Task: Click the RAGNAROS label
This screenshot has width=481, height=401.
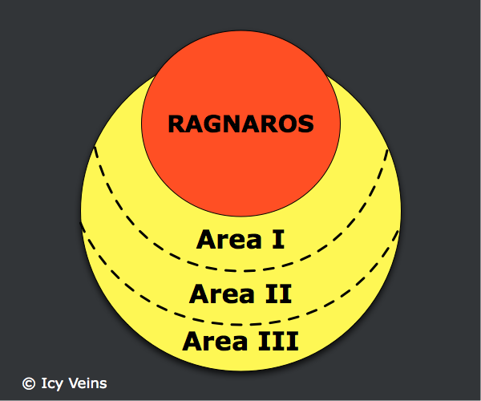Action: [x=240, y=124]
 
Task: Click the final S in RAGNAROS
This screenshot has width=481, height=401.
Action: [x=305, y=124]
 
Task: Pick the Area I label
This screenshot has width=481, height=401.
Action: [x=240, y=239]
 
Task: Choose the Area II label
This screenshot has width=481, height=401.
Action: [x=240, y=294]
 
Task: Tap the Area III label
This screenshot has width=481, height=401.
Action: [x=240, y=341]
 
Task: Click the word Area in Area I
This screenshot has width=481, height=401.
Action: [x=229, y=239]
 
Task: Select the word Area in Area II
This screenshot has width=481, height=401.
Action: [x=222, y=294]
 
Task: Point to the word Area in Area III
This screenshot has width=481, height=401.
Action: [x=215, y=341]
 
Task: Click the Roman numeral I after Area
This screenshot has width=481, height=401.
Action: [x=278, y=239]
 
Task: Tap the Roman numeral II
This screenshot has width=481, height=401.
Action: [x=278, y=294]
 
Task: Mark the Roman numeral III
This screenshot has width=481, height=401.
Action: [x=278, y=341]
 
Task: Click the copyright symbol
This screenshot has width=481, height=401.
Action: [x=29, y=383]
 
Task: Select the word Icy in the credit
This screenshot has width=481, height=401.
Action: [x=52, y=383]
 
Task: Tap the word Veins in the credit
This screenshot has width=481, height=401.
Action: [x=87, y=383]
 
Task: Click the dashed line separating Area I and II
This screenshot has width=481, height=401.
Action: [x=241, y=271]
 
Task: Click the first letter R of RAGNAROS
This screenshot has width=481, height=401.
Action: [x=176, y=124]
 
